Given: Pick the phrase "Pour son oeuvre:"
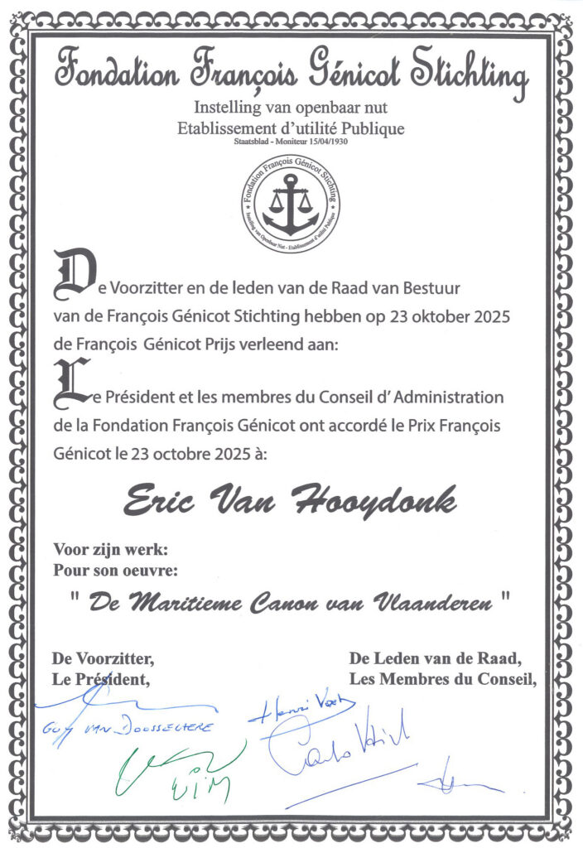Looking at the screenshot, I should [115, 570].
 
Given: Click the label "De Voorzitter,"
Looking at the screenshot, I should [103, 659].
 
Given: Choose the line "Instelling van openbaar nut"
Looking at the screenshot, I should [290, 107].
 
